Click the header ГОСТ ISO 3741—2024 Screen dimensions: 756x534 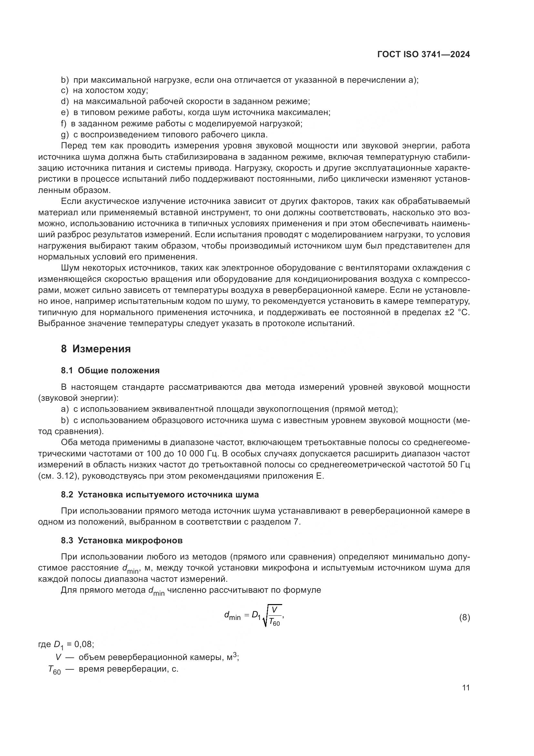point(424,55)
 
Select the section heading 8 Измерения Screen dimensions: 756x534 point(96,349)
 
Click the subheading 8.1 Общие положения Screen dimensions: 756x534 point(110,370)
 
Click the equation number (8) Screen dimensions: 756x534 point(464,618)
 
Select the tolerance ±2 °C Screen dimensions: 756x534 point(457,312)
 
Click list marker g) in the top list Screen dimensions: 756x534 point(65,135)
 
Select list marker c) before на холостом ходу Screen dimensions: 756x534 point(65,90)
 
